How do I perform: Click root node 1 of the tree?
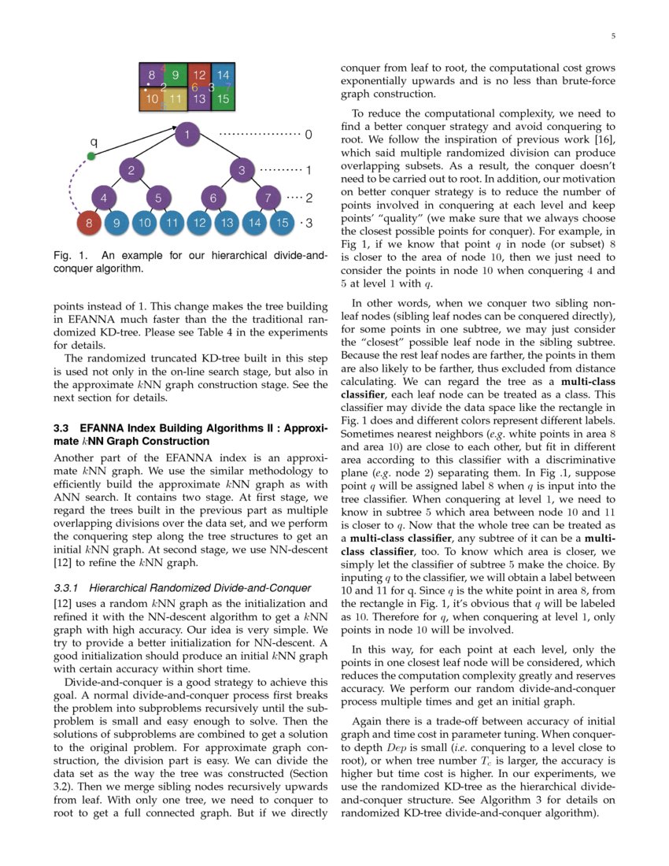[187, 135]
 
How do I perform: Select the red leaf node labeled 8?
[89, 224]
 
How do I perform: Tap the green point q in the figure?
[91, 156]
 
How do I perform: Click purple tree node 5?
[158, 198]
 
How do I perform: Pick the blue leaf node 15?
[281, 224]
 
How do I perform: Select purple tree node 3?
[242, 169]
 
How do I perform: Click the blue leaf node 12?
[200, 224]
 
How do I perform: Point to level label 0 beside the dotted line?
[309, 135]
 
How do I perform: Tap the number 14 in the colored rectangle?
[223, 76]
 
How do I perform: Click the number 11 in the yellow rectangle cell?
[176, 99]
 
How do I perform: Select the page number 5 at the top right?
[612, 36]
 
